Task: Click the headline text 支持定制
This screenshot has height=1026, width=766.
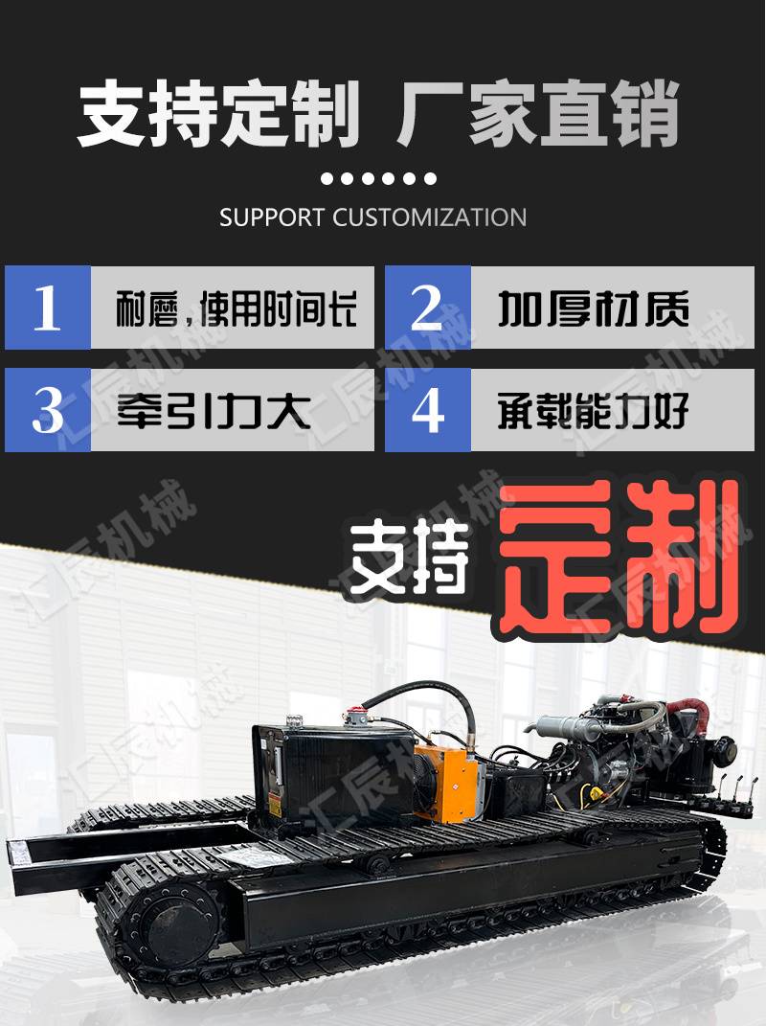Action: [x=218, y=114]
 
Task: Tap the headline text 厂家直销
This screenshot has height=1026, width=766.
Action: [x=538, y=114]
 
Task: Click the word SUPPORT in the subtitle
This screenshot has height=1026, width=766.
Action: [x=272, y=217]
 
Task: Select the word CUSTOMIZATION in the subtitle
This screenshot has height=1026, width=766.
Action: [x=429, y=217]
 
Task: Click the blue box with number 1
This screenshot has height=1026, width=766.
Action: [x=48, y=307]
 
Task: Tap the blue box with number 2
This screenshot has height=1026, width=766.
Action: [x=428, y=307]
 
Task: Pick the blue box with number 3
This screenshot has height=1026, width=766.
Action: [x=48, y=410]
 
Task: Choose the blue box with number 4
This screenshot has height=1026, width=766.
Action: [x=428, y=410]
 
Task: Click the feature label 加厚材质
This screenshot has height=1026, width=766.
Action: [x=594, y=308]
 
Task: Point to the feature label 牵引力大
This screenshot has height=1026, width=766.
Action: [x=214, y=411]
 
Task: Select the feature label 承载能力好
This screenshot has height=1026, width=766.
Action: [x=594, y=411]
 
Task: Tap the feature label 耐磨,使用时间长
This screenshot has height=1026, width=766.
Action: [x=237, y=308]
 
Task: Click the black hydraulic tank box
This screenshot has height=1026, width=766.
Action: [x=332, y=775]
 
